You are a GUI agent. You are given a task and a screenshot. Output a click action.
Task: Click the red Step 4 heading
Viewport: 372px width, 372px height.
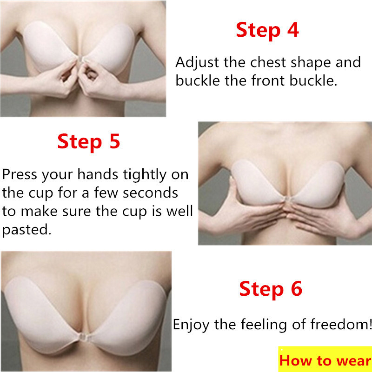click(x=267, y=30)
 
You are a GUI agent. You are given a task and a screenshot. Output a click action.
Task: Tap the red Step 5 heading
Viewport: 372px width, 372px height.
click(x=88, y=142)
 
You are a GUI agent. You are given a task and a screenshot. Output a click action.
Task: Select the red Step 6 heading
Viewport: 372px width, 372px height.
click(x=271, y=289)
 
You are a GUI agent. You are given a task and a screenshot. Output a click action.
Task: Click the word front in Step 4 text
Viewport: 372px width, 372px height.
click(x=268, y=80)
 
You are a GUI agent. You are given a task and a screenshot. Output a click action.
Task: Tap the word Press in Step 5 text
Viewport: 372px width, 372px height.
click(x=20, y=174)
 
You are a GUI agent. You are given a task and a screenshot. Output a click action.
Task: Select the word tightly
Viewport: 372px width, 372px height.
click(x=145, y=175)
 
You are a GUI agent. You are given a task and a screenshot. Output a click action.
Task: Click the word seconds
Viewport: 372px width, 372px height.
click(x=150, y=193)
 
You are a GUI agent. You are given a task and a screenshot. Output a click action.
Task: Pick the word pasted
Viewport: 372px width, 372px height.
click(x=27, y=230)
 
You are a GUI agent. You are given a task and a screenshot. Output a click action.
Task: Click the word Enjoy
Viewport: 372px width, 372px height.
click(x=191, y=325)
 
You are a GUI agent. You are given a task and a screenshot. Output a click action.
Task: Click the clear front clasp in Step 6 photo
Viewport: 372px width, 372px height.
click(x=83, y=337)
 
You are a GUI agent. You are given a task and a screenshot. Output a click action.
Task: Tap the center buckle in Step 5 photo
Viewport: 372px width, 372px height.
click(x=288, y=199)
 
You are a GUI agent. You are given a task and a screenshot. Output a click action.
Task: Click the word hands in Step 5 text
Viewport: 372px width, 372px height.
click(x=98, y=174)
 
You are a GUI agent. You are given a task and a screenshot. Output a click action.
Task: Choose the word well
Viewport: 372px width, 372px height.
click(x=179, y=211)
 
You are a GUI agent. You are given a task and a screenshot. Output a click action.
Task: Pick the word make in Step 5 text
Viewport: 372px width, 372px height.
click(x=39, y=211)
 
